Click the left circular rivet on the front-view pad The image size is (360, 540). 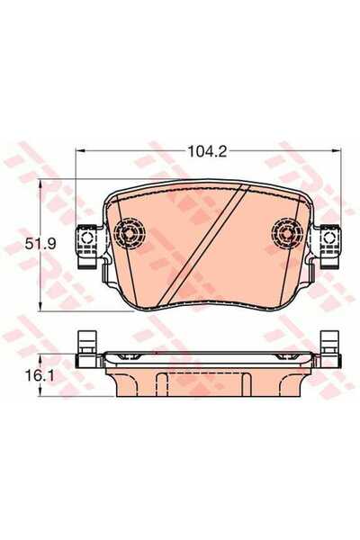130,235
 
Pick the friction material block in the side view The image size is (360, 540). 207,378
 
